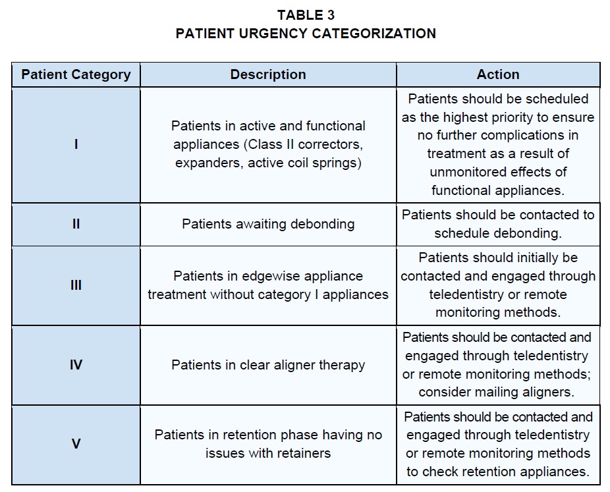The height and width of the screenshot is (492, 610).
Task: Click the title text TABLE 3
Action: pos(306,15)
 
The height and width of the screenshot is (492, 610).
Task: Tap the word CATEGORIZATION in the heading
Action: pos(374,34)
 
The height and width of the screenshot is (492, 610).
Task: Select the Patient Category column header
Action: pos(76,74)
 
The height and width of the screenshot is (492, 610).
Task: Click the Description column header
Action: pos(268,74)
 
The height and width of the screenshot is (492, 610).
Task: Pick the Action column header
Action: pos(498,74)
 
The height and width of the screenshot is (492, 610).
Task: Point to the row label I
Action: pos(76,144)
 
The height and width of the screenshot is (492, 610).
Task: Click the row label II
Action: pos(76,224)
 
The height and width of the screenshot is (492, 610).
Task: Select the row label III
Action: pos(76,285)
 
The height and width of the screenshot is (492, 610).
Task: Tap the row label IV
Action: pos(76,365)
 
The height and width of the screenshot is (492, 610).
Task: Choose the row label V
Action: pos(76,444)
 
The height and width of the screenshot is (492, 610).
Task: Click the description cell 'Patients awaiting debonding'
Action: pos(268,224)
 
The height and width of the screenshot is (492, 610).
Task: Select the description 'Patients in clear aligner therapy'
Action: pos(268,365)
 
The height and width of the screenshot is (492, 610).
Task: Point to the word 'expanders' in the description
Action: pos(207,163)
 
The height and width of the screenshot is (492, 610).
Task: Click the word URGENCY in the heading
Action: pos(273,34)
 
